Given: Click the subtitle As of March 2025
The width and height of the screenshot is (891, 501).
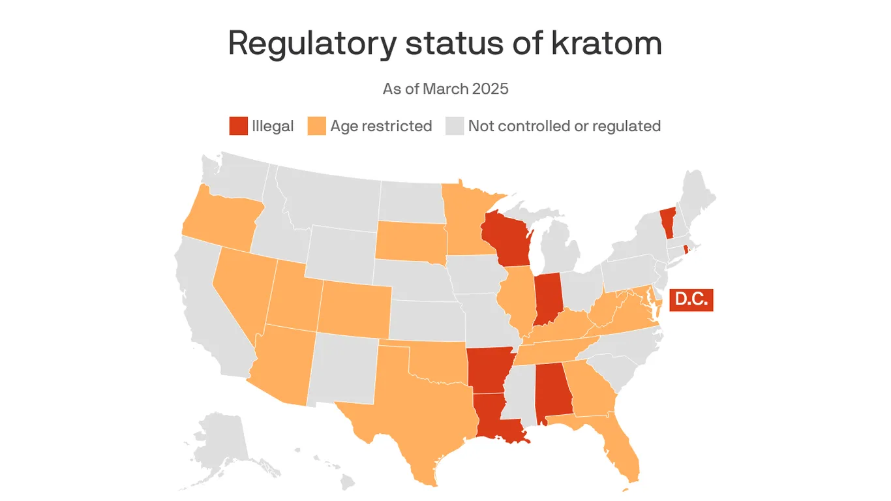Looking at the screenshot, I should (x=445, y=89).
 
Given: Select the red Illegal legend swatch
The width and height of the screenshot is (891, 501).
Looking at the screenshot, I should (x=239, y=126).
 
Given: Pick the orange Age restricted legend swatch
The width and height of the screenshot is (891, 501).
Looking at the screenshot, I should (x=316, y=126).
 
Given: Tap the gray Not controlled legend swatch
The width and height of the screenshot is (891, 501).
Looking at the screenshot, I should (x=455, y=126).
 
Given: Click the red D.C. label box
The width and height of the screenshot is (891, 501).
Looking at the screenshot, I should (x=691, y=300).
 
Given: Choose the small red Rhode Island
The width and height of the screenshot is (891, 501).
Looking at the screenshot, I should (x=686, y=250).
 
